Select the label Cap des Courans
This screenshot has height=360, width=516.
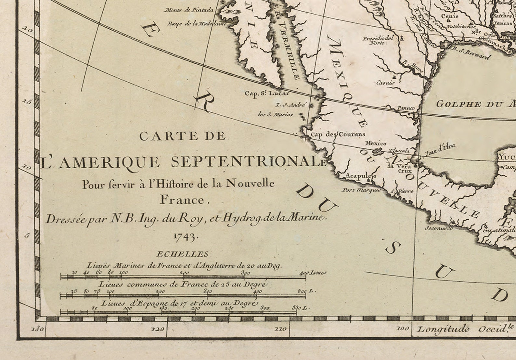(x=338, y=134)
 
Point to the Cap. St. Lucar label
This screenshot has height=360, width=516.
(x=266, y=93)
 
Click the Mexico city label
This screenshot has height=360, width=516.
(x=376, y=143)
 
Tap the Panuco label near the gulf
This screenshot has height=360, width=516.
(x=406, y=108)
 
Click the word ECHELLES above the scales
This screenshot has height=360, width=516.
(x=182, y=254)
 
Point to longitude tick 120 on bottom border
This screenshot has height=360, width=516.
(x=157, y=329)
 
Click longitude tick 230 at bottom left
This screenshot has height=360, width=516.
(x=38, y=329)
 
